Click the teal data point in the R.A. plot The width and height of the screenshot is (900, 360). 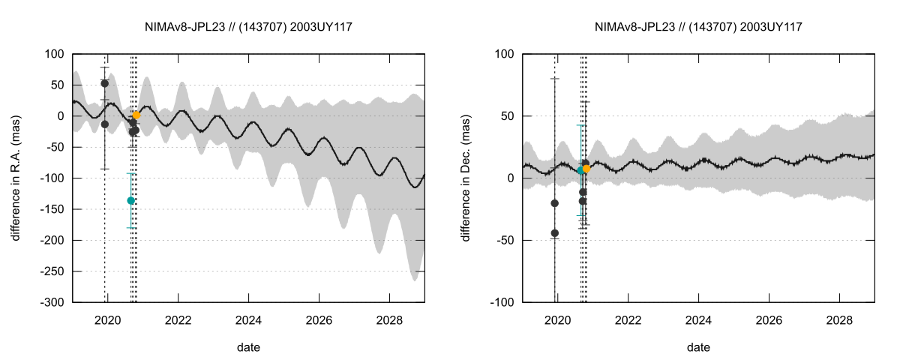coord(130,200)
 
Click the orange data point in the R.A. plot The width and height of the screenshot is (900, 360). coord(136,115)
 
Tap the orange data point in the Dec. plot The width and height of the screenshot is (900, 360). coord(586,169)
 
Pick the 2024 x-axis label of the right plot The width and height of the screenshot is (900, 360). coord(698,318)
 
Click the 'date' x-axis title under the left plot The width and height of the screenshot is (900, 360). coord(248,347)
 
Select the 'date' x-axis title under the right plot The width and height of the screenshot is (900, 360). coord(698,347)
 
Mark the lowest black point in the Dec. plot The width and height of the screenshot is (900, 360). coord(555,233)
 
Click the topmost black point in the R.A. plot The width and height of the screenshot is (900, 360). coord(105,83)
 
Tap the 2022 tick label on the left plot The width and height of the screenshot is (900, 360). coord(178,318)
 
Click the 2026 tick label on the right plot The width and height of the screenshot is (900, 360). coord(769,318)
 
